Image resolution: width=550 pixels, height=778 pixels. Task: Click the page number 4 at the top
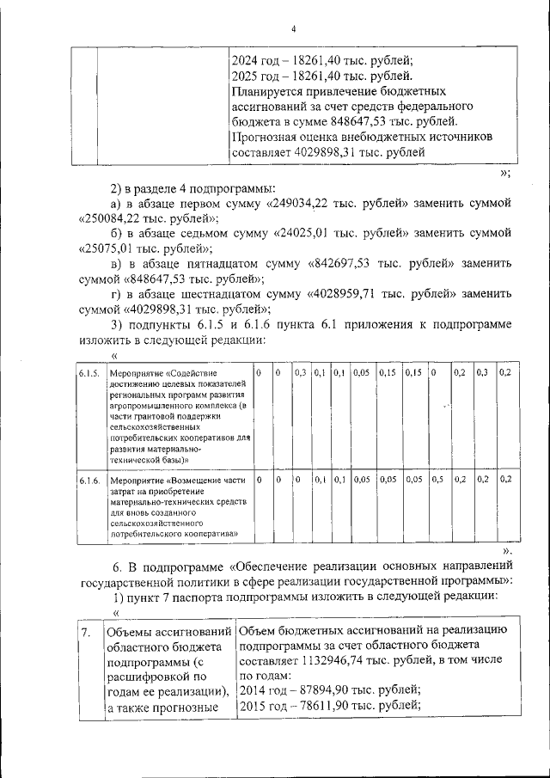click(293, 28)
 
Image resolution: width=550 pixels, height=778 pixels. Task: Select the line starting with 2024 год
click(322, 60)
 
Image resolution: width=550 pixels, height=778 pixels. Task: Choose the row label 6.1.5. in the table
click(89, 374)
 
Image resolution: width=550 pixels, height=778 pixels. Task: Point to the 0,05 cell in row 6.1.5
click(362, 374)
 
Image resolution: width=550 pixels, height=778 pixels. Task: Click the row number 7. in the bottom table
click(86, 634)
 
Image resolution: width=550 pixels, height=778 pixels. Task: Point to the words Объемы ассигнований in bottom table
click(169, 634)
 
